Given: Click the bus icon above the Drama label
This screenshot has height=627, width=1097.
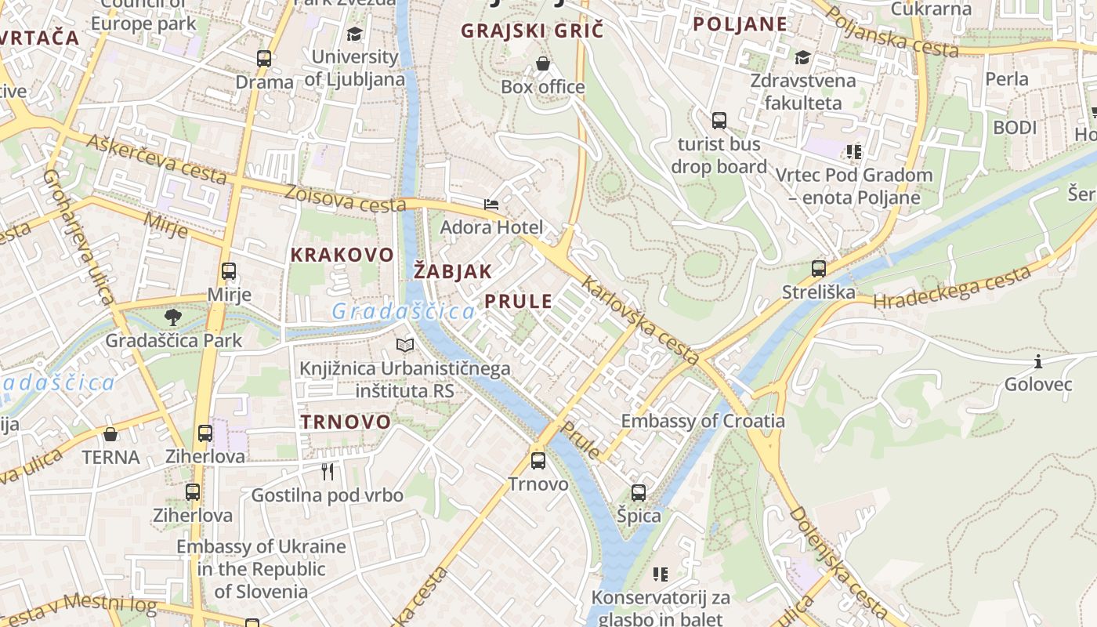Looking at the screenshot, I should pyautogui.click(x=264, y=58).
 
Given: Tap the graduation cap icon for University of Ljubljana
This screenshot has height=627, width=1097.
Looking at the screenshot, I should pyautogui.click(x=354, y=34).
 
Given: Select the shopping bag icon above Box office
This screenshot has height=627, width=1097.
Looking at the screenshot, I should pyautogui.click(x=542, y=63).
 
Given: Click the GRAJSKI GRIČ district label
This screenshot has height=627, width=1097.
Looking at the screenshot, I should pyautogui.click(x=533, y=31).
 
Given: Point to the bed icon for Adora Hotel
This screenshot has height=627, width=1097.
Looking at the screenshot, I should pyautogui.click(x=491, y=205).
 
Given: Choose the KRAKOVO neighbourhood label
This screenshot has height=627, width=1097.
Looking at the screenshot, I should pyautogui.click(x=342, y=255).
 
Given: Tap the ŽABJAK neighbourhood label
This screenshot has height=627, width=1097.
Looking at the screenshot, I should pyautogui.click(x=453, y=272).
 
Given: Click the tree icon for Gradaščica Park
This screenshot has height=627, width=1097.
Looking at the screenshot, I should pyautogui.click(x=173, y=317).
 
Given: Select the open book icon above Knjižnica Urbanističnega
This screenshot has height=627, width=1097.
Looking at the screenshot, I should pyautogui.click(x=404, y=345).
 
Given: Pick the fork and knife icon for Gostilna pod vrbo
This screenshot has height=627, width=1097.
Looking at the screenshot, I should pyautogui.click(x=328, y=471).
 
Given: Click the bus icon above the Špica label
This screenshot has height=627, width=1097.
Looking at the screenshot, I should pyautogui.click(x=639, y=492).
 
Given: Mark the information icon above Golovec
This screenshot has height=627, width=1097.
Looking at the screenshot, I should pyautogui.click(x=1038, y=361).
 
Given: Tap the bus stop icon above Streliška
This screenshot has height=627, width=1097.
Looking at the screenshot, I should pyautogui.click(x=819, y=268).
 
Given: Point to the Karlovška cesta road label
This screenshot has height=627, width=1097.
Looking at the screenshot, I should pyautogui.click(x=641, y=321).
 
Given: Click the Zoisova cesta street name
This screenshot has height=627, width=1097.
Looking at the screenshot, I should pyautogui.click(x=345, y=199).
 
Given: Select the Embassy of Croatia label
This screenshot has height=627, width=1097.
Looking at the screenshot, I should pyautogui.click(x=703, y=421).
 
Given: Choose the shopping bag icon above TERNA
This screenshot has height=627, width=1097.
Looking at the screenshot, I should pyautogui.click(x=110, y=433).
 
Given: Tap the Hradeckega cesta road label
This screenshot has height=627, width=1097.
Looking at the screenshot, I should pyautogui.click(x=951, y=288).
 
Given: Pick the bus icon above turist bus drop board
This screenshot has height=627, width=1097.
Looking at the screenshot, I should pyautogui.click(x=719, y=120).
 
